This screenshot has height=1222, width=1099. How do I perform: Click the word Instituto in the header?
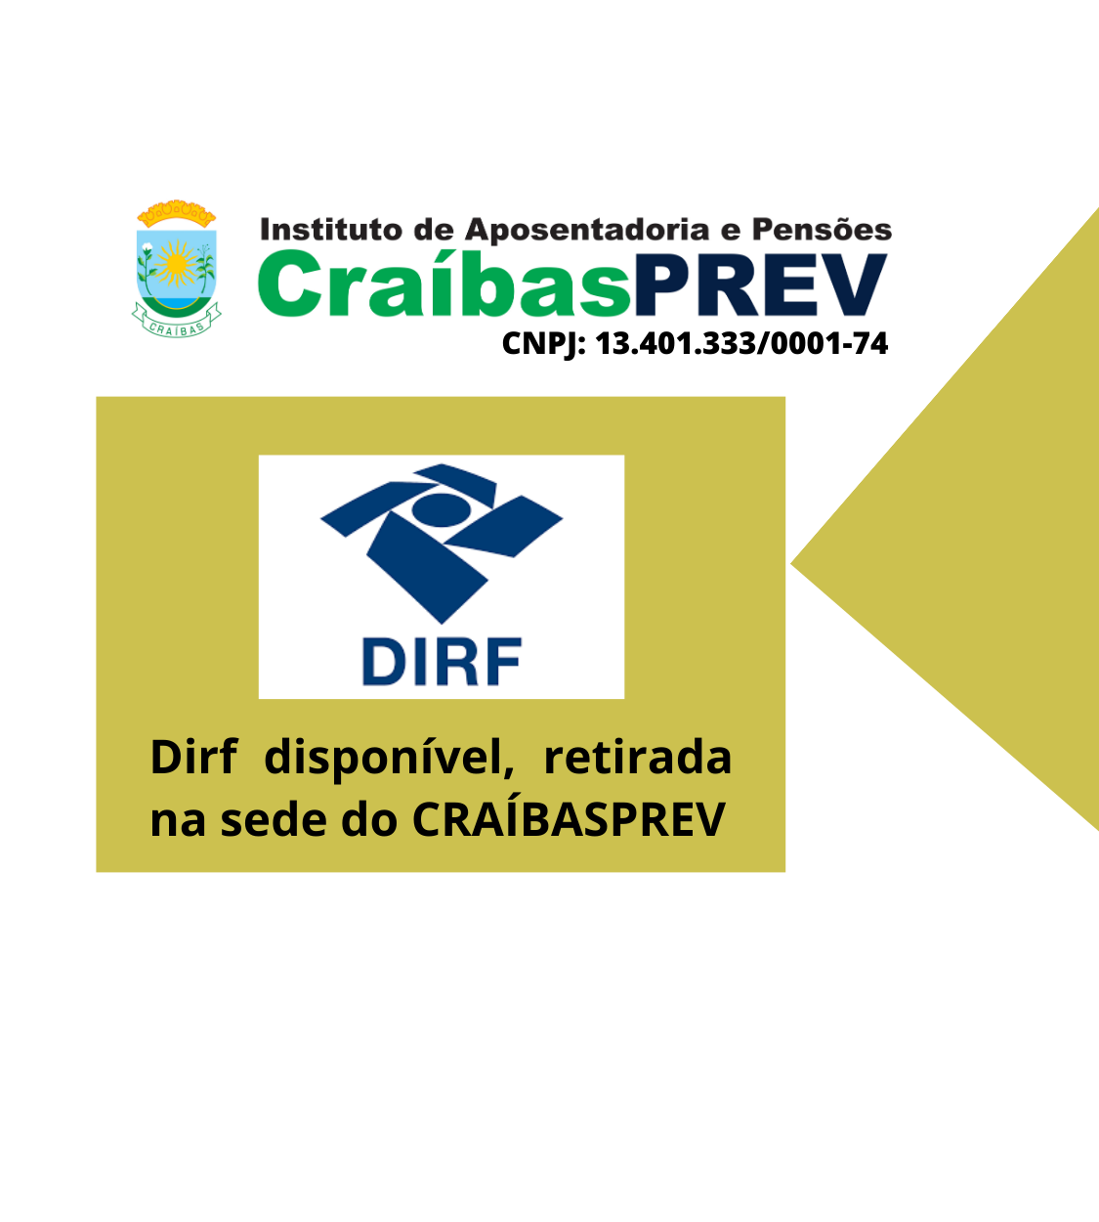pos(331,230)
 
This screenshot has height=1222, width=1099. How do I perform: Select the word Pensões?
pos(822,229)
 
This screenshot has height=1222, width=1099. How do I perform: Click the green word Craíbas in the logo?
pos(444,284)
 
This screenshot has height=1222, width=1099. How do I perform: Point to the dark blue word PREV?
pos(760,285)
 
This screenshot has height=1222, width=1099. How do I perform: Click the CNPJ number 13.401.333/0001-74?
pos(741,343)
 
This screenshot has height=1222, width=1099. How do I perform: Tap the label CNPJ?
pos(544,344)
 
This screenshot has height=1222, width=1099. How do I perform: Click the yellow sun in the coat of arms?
pos(177,263)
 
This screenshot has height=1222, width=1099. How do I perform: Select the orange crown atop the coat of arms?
pos(177,213)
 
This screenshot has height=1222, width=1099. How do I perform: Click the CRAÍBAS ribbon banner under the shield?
pos(177,323)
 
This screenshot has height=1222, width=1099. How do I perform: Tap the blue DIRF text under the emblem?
pos(442,662)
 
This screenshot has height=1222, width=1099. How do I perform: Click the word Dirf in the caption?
pos(193,758)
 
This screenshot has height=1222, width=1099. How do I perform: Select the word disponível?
pos(390,759)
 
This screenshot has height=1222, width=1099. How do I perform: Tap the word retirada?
pos(638,758)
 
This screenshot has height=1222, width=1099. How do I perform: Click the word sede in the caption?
pos(274,819)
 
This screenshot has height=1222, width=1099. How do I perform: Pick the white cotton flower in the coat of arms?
pos(148,247)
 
